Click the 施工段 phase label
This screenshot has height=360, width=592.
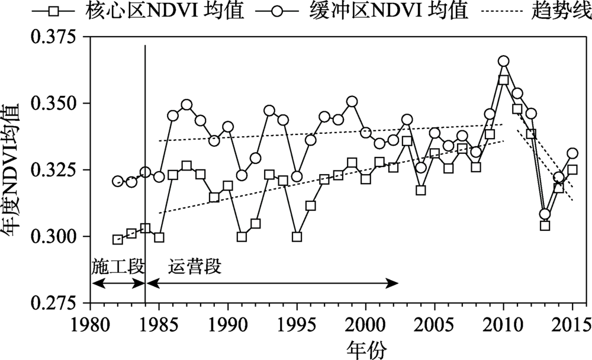tap(118, 267)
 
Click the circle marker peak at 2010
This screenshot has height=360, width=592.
tap(503, 61)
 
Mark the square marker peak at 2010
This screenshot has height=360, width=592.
tap(504, 80)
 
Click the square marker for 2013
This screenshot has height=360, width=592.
tap(545, 226)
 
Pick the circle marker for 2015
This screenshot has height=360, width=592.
tap(572, 153)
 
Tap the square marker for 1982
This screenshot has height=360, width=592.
tap(118, 239)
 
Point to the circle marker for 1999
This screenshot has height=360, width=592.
tap(352, 101)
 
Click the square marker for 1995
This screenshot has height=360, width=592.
tap(297, 237)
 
